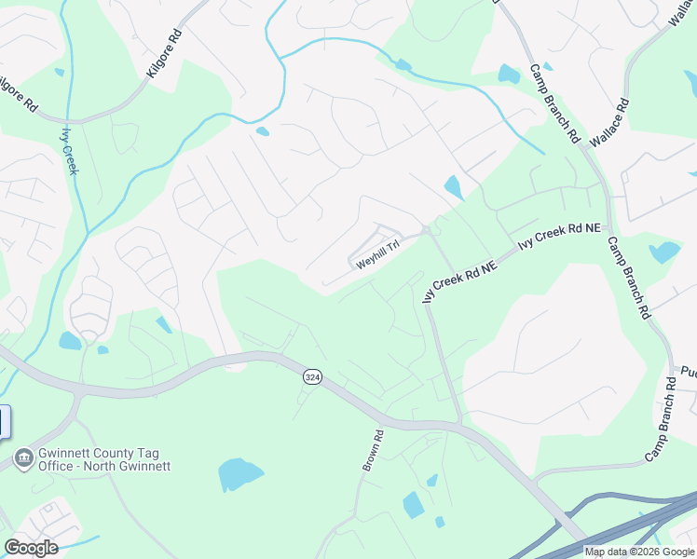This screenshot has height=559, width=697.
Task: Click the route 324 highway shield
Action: (x=312, y=376)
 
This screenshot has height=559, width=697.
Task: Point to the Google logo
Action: (x=31, y=548)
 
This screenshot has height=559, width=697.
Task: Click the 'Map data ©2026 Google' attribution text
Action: (x=638, y=552)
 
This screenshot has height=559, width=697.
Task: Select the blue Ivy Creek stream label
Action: (x=70, y=150)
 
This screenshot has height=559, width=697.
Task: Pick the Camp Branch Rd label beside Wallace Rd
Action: (x=553, y=102)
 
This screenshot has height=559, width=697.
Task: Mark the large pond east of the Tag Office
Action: (x=239, y=473)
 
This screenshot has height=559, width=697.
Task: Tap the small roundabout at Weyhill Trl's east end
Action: (x=425, y=230)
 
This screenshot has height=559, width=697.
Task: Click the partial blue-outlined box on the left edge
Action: (x=4, y=422)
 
